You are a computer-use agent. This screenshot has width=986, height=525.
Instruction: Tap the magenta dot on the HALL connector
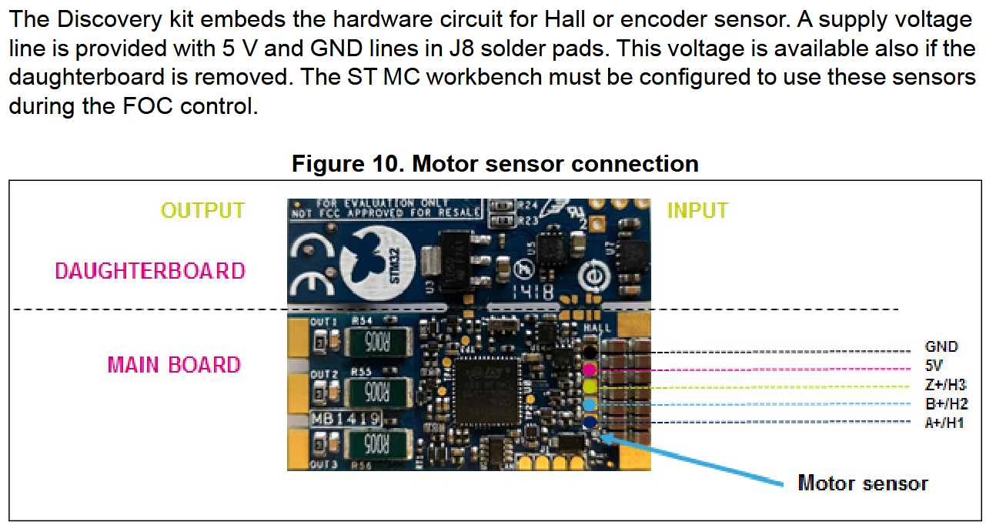tap(590, 370)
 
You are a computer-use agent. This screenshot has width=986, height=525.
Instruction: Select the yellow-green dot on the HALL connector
tap(590, 386)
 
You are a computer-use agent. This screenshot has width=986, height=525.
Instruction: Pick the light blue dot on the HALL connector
tap(590, 404)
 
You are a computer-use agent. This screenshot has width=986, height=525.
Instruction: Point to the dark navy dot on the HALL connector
tap(590, 422)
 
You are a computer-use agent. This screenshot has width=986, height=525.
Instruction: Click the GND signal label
tap(941, 347)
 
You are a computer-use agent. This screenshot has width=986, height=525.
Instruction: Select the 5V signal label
tap(934, 365)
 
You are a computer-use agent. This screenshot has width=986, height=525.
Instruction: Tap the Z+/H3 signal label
tap(945, 385)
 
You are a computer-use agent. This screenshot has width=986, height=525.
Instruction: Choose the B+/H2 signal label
tap(945, 403)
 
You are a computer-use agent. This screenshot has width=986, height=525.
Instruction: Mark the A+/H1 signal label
tap(944, 422)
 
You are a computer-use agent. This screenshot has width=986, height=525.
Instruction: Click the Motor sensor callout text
tap(863, 483)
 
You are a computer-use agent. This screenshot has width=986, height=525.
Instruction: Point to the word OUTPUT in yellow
tap(202, 210)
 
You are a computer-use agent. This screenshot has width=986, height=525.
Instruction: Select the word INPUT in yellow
tap(697, 210)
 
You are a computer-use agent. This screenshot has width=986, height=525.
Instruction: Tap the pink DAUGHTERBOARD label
tap(150, 270)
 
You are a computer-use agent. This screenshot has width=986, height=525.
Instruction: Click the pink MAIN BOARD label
tap(174, 364)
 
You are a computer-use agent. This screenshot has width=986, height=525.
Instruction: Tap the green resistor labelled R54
tap(374, 341)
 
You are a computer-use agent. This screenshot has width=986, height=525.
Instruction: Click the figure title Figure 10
tap(495, 164)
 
